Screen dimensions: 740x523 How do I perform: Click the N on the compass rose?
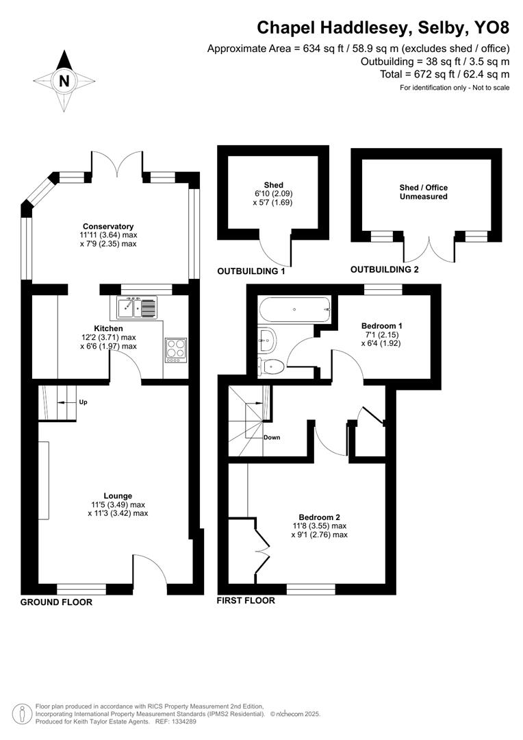64,81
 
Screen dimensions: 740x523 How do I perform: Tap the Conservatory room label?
107,227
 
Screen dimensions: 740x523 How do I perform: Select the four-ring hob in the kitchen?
175,349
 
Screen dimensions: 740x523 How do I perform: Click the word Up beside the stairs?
84,402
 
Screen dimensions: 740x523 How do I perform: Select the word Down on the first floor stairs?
272,437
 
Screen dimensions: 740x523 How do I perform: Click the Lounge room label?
117,495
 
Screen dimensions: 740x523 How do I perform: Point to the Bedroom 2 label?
319,517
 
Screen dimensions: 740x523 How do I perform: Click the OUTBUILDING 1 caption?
251,271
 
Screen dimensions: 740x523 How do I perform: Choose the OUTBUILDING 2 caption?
384,269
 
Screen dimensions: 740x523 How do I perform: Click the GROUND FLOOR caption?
56,602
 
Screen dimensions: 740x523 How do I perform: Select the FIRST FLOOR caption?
246,600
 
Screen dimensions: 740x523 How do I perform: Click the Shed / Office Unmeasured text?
423,192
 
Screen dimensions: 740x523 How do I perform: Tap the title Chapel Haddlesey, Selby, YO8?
383,28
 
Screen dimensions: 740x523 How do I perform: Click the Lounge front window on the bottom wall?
81,588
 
